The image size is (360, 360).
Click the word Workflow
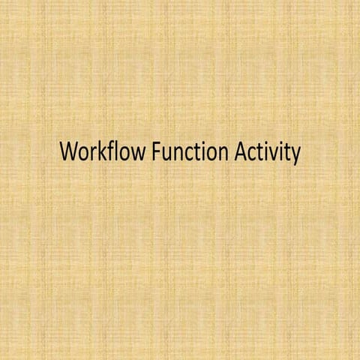coord(102,152)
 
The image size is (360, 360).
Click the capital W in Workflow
coord(69,152)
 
